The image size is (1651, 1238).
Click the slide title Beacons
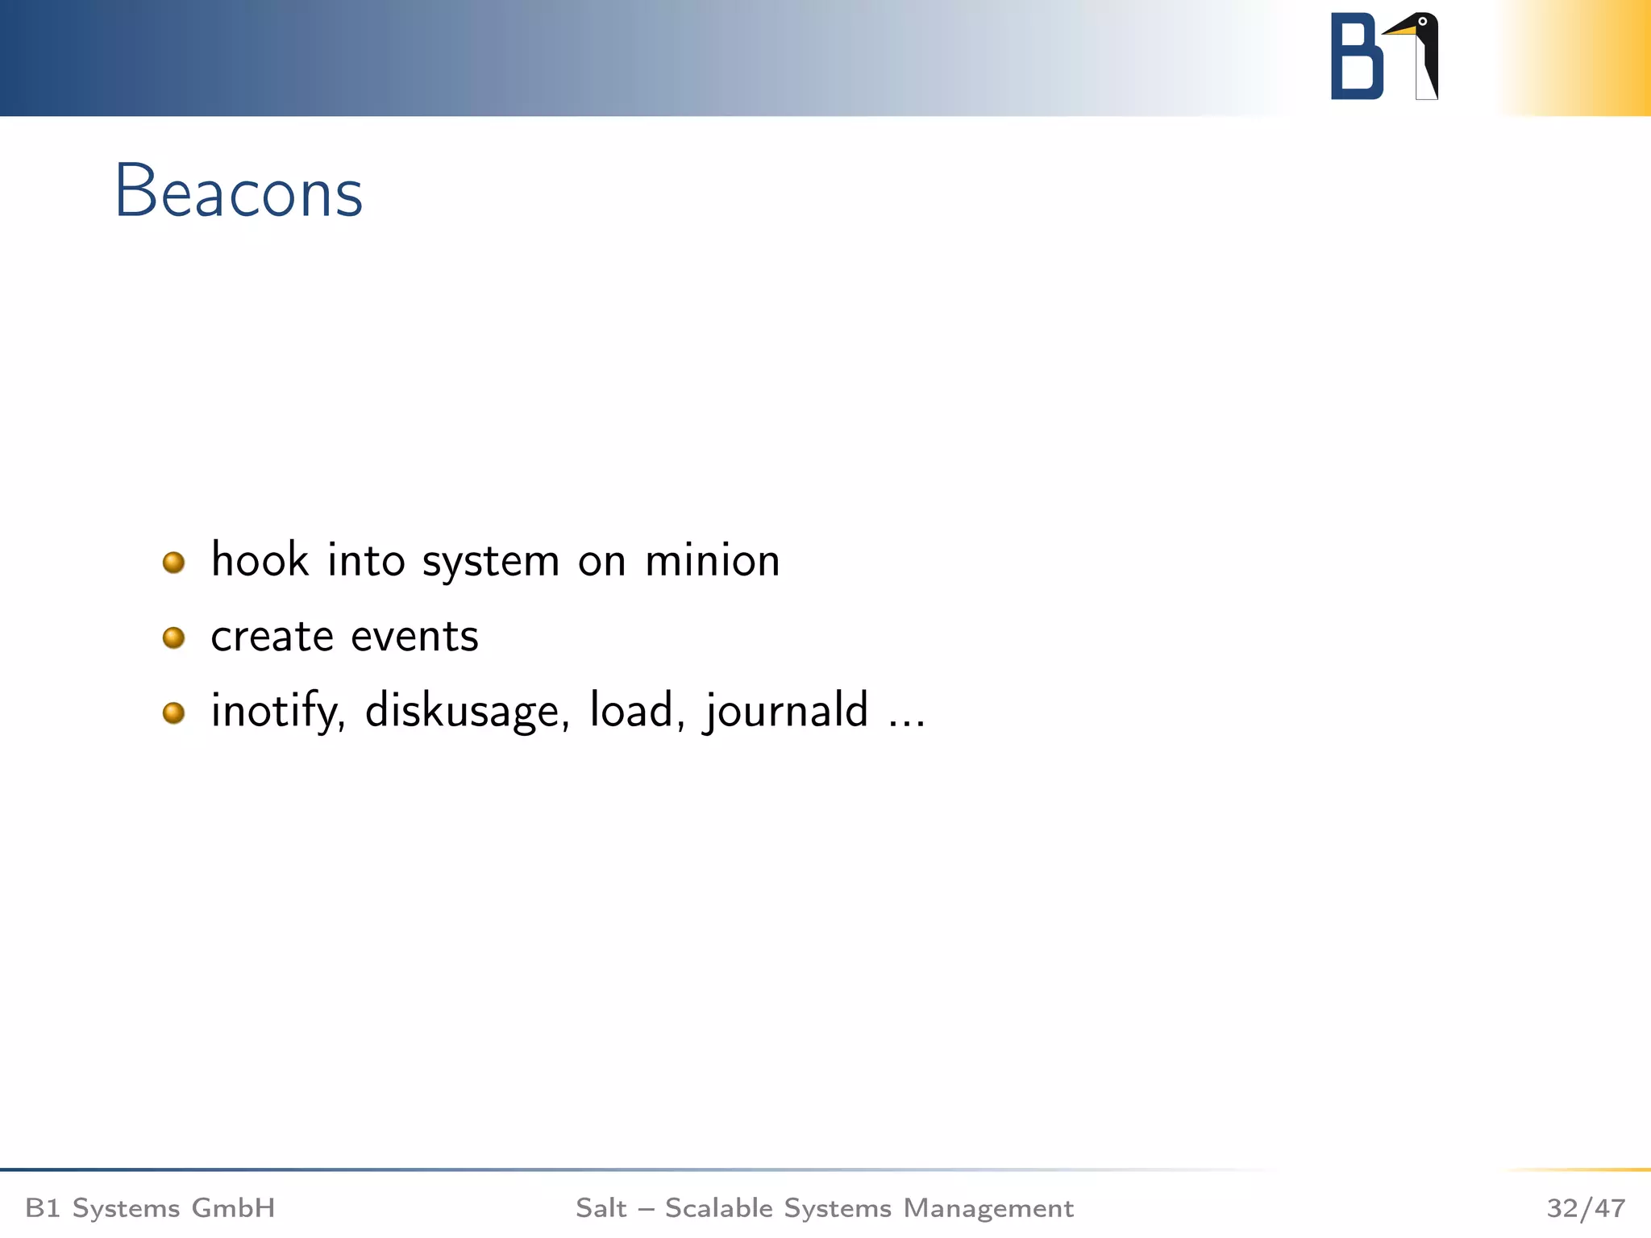[x=239, y=192]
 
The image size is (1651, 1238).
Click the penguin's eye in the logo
[x=1422, y=22]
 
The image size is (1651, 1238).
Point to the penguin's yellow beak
[x=1401, y=31]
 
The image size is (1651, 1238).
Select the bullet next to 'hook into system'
[x=173, y=562]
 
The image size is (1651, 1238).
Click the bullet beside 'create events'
[x=173, y=638]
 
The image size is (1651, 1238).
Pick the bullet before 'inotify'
[x=173, y=712]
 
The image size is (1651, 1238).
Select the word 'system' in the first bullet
[x=490, y=562]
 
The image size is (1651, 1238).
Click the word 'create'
[x=272, y=636]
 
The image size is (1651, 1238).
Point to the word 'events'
[x=414, y=636]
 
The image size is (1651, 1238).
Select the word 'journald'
[x=786, y=711]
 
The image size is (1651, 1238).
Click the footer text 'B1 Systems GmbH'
[x=151, y=1208]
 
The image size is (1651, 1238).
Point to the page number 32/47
[x=1585, y=1208]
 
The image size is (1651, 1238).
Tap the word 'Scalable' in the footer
[x=718, y=1208]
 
